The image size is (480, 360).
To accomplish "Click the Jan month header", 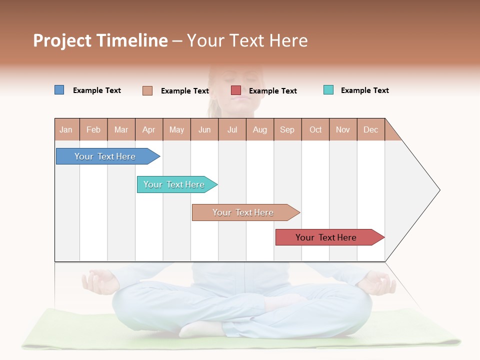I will click(66, 130).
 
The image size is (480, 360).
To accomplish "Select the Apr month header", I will click(148, 130).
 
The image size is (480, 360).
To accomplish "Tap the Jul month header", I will click(232, 130).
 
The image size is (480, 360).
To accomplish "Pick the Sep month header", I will click(287, 130).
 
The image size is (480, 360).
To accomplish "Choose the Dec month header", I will click(370, 130).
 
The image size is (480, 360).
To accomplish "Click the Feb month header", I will click(93, 130).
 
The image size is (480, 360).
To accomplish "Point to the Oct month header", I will click(315, 130).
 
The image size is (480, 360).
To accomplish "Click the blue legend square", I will click(59, 90).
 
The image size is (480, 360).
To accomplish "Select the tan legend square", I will click(147, 90).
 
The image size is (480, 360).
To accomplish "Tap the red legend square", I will click(236, 90).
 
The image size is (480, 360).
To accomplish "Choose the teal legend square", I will click(328, 90).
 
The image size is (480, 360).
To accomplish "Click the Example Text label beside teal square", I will click(364, 90).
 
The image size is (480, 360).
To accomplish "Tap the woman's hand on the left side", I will click(100, 281).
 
